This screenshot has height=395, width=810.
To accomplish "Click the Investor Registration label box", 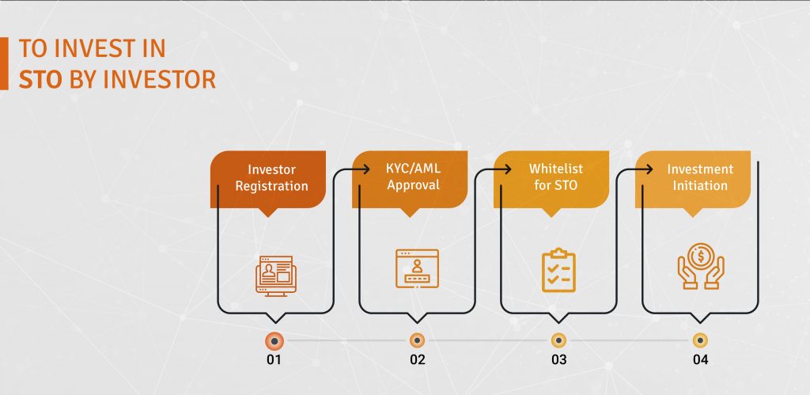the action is pyautogui.click(x=267, y=180).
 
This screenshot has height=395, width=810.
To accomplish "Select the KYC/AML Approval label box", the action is pyautogui.click(x=410, y=180).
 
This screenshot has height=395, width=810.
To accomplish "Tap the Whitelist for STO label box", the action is pyautogui.click(x=551, y=180).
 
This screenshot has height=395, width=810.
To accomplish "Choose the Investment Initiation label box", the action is pyautogui.click(x=693, y=180).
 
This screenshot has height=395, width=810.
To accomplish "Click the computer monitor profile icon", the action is pyautogui.click(x=276, y=275).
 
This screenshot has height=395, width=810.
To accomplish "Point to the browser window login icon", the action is pyautogui.click(x=417, y=268).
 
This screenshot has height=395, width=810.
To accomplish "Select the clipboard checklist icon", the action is pyautogui.click(x=558, y=270).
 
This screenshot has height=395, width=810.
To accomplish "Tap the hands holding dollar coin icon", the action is pyautogui.click(x=701, y=267).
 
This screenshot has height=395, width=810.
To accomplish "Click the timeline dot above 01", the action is pyautogui.click(x=274, y=341).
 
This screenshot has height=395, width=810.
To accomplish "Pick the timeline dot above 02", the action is pyautogui.click(x=417, y=340).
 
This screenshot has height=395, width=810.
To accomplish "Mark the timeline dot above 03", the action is pyautogui.click(x=558, y=340).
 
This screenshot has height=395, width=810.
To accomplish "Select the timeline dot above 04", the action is pyautogui.click(x=700, y=340).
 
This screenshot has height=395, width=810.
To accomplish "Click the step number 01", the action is pyautogui.click(x=274, y=359).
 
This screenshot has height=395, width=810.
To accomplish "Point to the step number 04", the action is pyautogui.click(x=701, y=359).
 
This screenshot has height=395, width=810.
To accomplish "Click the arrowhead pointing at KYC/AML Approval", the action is pyautogui.click(x=366, y=169).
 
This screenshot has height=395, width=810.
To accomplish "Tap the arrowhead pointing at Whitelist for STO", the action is pyautogui.click(x=508, y=169).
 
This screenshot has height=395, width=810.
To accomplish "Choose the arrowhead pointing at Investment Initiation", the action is pyautogui.click(x=649, y=169).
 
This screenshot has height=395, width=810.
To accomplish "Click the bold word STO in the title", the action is pyautogui.click(x=40, y=80).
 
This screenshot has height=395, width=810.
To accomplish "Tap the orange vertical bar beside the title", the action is pyautogui.click(x=4, y=63).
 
